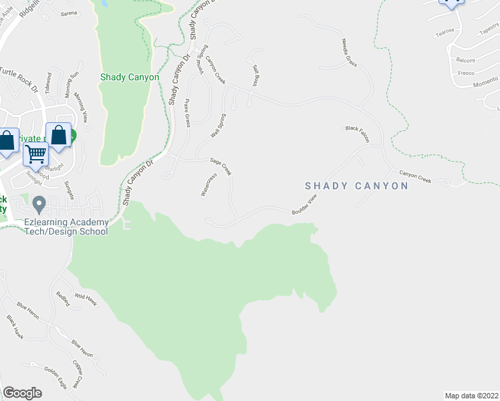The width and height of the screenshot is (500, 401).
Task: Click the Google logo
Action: [x=22, y=393]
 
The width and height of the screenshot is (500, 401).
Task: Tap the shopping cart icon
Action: [x=35, y=153]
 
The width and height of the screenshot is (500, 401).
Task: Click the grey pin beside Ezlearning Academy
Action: [x=39, y=203]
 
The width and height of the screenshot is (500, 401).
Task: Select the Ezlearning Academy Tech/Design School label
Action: [x=66, y=227]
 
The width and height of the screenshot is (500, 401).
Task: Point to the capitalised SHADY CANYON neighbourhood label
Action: [x=356, y=186]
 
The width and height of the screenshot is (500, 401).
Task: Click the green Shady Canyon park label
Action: [x=130, y=77]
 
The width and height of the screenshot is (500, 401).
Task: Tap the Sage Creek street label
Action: [x=221, y=166]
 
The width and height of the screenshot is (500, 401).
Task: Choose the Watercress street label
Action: [x=209, y=184]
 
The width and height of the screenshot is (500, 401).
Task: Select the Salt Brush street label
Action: [x=255, y=76]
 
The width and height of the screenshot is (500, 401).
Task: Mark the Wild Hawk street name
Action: [x=86, y=298]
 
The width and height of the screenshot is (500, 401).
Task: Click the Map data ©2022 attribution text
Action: [x=471, y=395]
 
